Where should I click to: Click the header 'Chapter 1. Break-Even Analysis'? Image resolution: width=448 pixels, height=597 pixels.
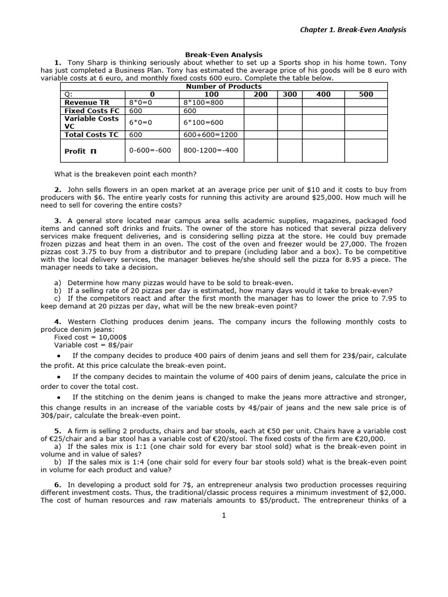tap(353, 30)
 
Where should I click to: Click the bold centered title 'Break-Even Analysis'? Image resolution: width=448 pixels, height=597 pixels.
tap(223, 54)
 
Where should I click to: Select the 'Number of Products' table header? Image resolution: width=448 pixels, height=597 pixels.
tap(223, 86)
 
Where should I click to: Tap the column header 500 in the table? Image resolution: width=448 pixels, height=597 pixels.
tap(366, 94)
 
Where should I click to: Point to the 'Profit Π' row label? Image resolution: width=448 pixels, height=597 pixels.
tap(80, 151)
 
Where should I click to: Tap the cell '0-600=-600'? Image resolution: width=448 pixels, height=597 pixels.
tap(150, 150)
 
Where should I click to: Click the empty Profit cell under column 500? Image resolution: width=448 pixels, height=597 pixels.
tap(366, 151)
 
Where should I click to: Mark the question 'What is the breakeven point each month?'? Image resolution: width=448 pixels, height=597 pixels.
tap(125, 174)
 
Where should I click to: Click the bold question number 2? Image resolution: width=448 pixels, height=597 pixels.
tap(58, 190)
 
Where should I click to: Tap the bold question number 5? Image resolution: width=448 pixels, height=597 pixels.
tap(58, 431)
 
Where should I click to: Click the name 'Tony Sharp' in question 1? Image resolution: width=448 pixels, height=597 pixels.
tap(87, 62)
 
